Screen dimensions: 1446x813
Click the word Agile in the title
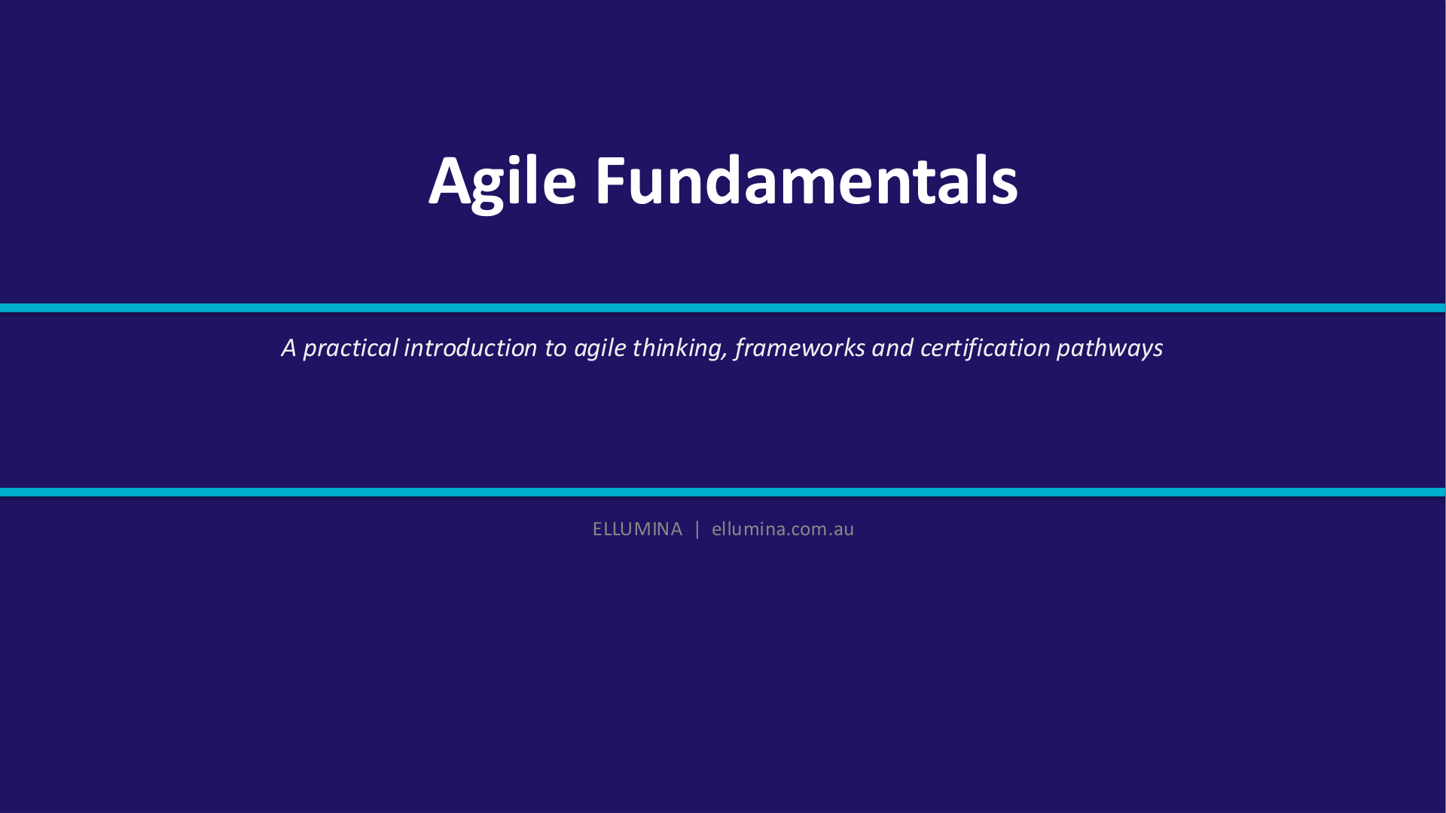click(x=502, y=181)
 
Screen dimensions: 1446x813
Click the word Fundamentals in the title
click(x=807, y=180)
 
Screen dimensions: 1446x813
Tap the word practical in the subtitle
click(x=350, y=349)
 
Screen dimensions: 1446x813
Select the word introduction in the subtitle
click(x=471, y=348)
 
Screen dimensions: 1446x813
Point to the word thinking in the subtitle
click(x=677, y=349)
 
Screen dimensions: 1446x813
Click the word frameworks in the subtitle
click(x=800, y=348)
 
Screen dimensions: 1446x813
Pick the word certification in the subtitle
click(x=985, y=348)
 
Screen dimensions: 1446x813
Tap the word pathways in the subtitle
click(x=1109, y=349)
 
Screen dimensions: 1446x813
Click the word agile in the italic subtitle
click(x=599, y=349)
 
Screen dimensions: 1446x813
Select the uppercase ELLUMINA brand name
click(x=637, y=529)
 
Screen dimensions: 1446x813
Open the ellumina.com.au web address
click(x=782, y=529)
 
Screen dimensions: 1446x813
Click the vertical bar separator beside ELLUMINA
click(x=697, y=529)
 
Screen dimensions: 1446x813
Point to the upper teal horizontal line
click(x=723, y=308)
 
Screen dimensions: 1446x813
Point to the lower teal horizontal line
click(x=723, y=492)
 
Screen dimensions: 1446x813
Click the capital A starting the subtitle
click(x=289, y=348)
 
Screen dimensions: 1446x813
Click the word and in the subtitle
click(x=892, y=348)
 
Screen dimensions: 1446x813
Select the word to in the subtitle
click(x=556, y=349)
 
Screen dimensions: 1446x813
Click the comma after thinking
click(x=726, y=357)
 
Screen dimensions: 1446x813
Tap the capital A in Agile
click(x=450, y=181)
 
